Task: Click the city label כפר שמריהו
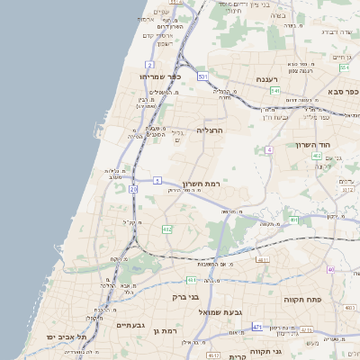162,76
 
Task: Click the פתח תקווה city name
302,298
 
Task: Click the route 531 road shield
203,76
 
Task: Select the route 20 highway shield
134,190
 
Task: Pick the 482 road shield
166,229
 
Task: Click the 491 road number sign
293,220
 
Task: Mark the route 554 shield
345,67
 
